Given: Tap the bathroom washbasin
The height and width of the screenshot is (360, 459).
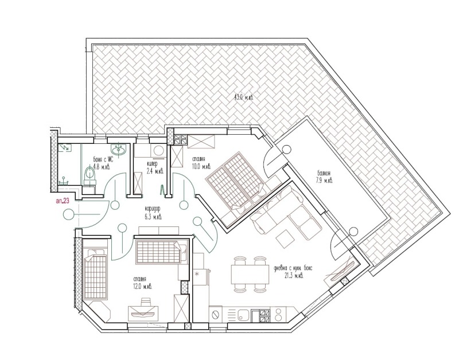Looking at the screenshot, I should coord(119,151).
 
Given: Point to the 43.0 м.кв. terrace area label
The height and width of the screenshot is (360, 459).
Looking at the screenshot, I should coord(243,97).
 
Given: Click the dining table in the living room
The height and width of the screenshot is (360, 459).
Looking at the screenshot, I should coord(250,273).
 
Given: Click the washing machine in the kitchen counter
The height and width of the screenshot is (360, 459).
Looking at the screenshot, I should coord(216,314).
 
